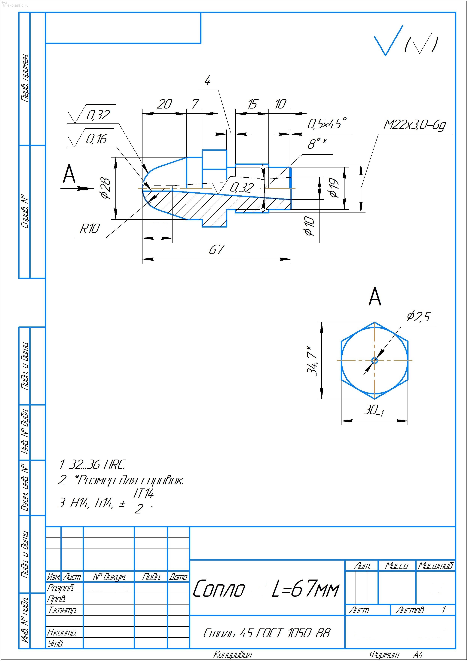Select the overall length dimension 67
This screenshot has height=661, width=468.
point(216,249)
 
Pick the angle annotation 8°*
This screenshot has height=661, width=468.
point(317,143)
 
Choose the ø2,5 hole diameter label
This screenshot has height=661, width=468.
point(418,317)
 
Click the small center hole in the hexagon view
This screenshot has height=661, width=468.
point(375,360)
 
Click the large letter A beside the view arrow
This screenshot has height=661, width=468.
point(69,174)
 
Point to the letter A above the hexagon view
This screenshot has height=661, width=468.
point(375,296)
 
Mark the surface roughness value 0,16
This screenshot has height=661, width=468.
point(96,139)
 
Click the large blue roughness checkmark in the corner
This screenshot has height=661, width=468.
point(388,41)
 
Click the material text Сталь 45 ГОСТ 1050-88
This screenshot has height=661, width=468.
point(267,633)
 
